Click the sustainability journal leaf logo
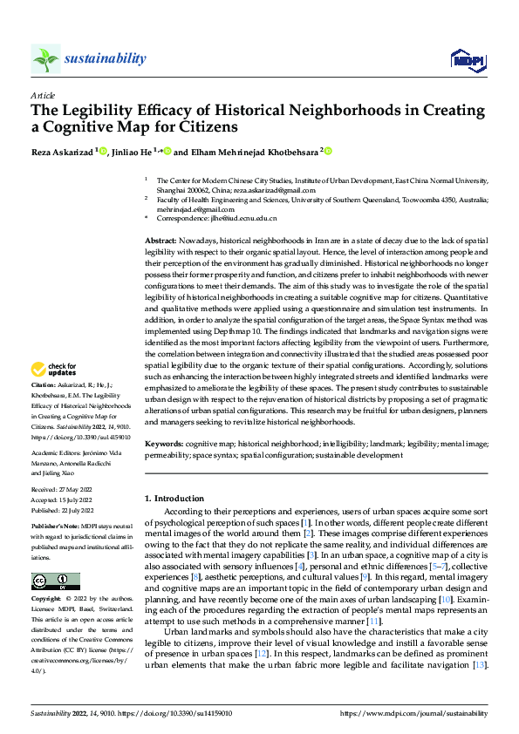click(45, 58)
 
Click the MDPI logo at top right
click(468, 58)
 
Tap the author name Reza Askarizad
click(62, 152)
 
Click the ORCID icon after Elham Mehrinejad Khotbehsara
click(329, 151)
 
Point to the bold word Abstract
click(160, 240)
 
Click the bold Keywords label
click(163, 444)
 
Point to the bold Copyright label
click(47, 575)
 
